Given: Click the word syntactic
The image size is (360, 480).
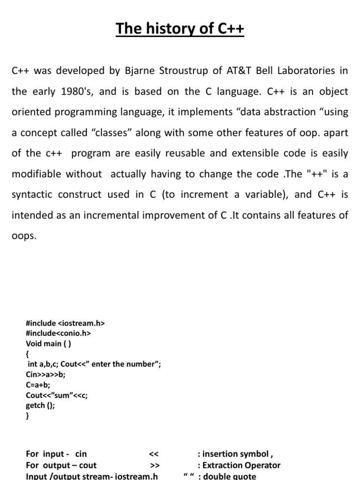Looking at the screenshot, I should click(31, 195).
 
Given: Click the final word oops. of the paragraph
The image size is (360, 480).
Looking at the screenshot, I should click(23, 236).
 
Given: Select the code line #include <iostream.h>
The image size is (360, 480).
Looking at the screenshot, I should click(65, 323).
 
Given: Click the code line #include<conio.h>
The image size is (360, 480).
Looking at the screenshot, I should click(58, 333).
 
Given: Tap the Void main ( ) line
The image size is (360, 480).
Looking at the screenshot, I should click(49, 344).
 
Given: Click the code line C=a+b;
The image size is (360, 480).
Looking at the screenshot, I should click(38, 385).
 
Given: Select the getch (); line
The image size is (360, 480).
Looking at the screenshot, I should click(40, 405).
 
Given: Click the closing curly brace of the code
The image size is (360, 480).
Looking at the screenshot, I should click(28, 416).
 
